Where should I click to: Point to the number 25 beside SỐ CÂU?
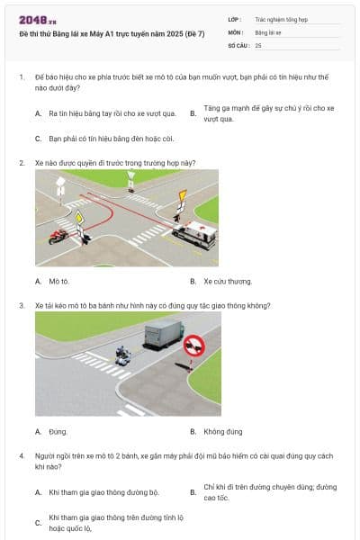[258, 44]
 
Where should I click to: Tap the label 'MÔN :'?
[236, 31]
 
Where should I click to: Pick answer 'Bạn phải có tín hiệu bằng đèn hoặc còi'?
[98, 139]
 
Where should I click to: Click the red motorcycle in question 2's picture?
[58, 236]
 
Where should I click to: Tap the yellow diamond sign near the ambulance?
[183, 195]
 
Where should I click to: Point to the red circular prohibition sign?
[192, 346]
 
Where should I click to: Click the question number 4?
[21, 456]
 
